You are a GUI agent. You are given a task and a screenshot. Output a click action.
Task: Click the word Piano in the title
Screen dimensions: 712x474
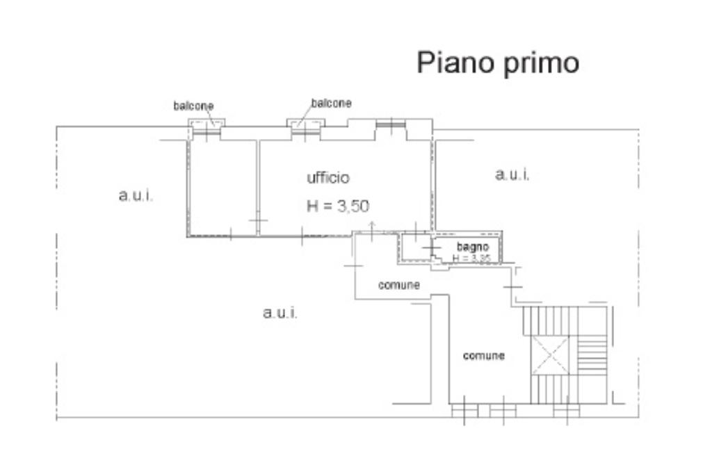(449, 63)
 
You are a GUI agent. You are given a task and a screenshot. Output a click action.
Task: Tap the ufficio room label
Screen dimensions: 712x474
(328, 178)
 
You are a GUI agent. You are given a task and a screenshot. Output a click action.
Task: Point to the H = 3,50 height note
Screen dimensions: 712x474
(338, 205)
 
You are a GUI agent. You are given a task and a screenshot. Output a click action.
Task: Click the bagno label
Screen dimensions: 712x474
(473, 247)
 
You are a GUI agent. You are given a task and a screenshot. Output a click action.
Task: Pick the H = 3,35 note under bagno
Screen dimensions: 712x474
(471, 259)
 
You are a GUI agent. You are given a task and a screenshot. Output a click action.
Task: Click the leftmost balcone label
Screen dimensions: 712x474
(193, 106)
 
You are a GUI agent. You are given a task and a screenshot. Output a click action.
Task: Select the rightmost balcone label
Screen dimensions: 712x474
(331, 103)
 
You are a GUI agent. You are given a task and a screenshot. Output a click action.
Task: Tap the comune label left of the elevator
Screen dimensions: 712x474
(484, 356)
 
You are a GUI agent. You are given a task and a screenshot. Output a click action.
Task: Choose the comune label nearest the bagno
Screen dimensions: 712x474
(398, 284)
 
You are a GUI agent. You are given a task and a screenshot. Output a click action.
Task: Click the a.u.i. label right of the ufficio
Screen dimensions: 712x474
(512, 174)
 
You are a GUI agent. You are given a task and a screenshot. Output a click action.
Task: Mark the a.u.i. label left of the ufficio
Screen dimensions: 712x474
(136, 196)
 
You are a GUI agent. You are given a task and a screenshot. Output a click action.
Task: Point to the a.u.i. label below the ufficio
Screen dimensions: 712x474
(280, 313)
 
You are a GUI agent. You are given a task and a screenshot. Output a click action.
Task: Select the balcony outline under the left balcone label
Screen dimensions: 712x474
(207, 124)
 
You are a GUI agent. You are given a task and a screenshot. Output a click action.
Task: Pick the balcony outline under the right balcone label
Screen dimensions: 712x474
(305, 124)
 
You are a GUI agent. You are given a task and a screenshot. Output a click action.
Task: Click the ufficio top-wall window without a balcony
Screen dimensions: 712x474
(390, 125)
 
